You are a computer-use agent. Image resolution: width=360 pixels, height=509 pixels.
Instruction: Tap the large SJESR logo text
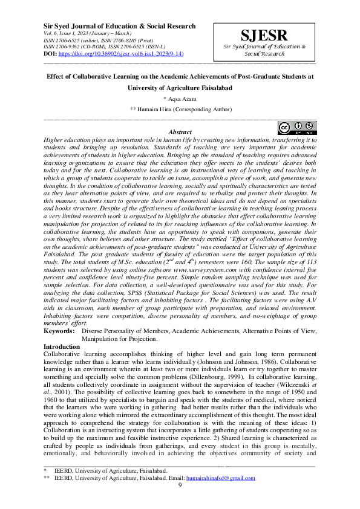(x=264, y=35)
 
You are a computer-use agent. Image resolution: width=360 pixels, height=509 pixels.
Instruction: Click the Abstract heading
(x=180, y=132)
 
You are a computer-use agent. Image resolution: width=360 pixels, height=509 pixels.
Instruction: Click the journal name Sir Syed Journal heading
(x=120, y=27)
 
